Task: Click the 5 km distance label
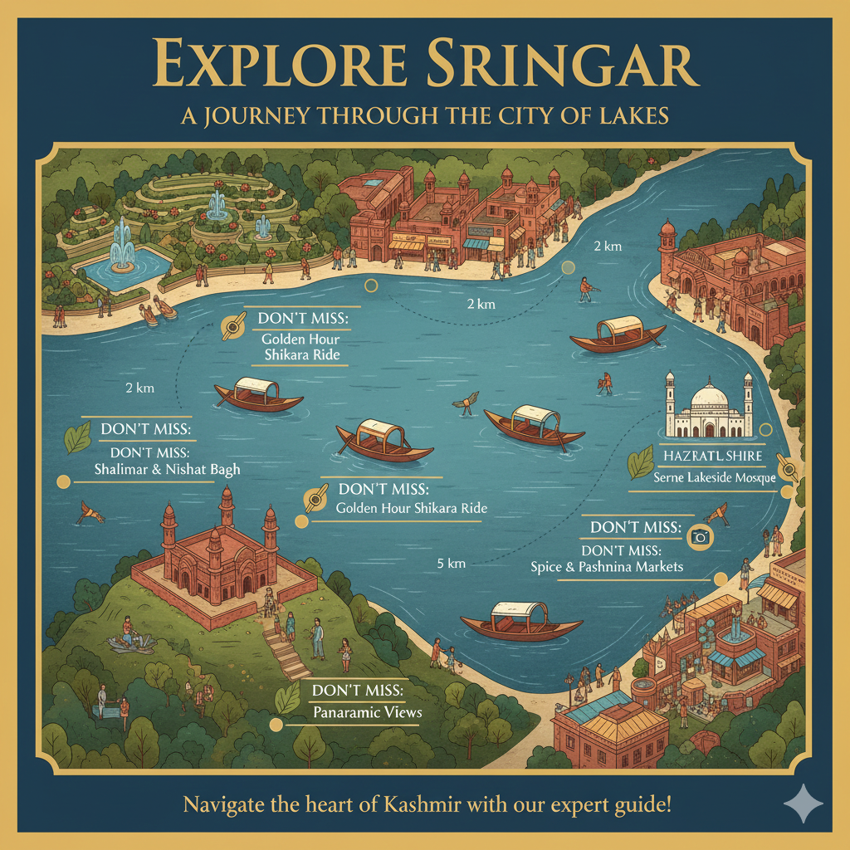point(451,564)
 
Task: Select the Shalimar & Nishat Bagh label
point(168,470)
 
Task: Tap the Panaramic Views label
point(367,712)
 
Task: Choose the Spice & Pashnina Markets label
point(607,567)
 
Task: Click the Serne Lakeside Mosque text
point(714,477)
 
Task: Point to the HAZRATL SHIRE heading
point(712,457)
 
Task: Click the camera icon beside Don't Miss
point(701,537)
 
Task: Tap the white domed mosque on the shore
point(709,408)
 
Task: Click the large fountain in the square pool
point(123,249)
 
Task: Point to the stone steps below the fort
point(286,652)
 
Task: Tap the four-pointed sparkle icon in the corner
point(804,804)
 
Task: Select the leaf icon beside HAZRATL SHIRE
point(640,463)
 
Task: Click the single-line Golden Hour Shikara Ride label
point(411,508)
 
